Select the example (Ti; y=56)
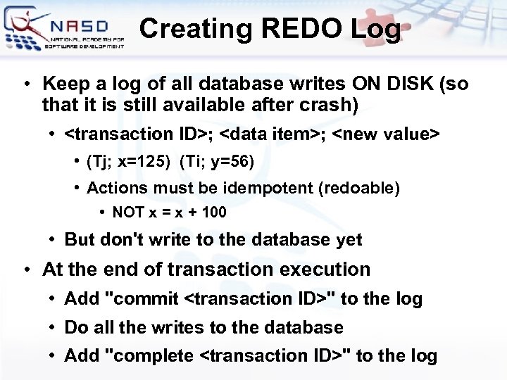coord(216,162)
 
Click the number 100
coord(214,212)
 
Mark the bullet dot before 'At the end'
coord(25,270)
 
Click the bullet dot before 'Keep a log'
coord(25,84)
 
